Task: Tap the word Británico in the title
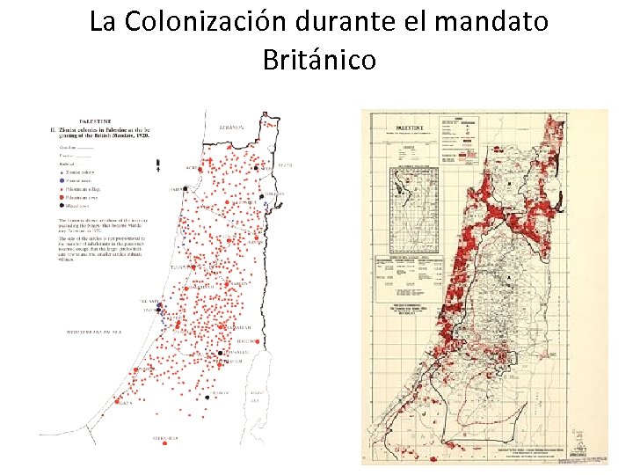point(318,60)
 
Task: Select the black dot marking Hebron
point(207,397)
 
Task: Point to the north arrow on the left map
point(157,164)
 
